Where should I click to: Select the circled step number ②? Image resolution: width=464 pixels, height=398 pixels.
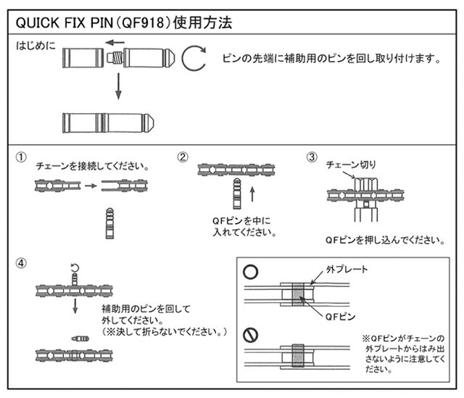pos(183,156)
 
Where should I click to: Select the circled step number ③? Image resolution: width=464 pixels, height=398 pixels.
pos(311,156)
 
